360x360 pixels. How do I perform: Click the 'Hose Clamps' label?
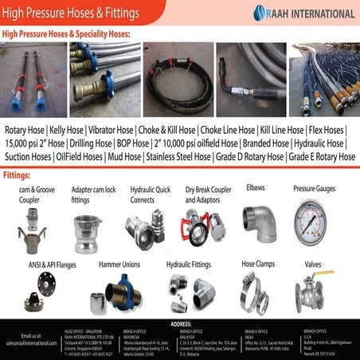coord(257,263)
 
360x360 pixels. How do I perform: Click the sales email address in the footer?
coord(31,343)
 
